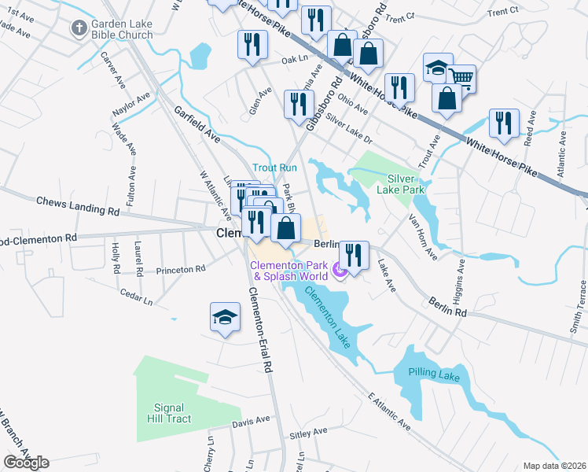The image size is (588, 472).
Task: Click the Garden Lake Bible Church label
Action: [x=122, y=30]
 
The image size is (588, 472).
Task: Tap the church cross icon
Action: [x=79, y=29]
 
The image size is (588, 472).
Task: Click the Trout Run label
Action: [x=274, y=168]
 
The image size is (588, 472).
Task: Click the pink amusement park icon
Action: [x=340, y=271]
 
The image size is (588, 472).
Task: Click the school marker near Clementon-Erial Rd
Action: [x=225, y=317]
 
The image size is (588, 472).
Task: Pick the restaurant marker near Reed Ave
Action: [x=503, y=123]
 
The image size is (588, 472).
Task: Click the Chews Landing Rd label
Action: [x=78, y=207]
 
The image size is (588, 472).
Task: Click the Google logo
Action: [x=26, y=463]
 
